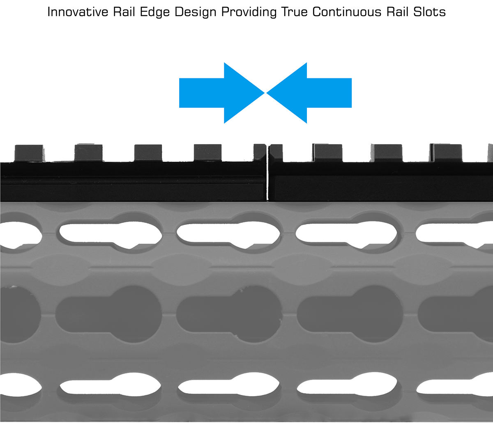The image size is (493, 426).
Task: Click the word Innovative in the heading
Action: pyautogui.click(x=78, y=11)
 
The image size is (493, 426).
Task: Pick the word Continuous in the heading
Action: pyautogui.click(x=347, y=11)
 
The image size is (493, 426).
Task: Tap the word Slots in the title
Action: pyautogui.click(x=429, y=11)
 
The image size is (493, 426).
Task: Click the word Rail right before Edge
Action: pyautogui.click(x=124, y=11)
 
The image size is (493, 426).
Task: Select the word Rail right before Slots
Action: pyautogui.click(x=397, y=11)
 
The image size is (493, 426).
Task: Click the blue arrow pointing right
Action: pyautogui.click(x=222, y=93)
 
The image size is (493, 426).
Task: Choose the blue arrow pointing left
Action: pyautogui.click(x=309, y=93)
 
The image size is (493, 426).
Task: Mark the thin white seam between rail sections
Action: pyautogui.click(x=267, y=173)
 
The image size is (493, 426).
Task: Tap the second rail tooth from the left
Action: pyautogui.click(x=88, y=153)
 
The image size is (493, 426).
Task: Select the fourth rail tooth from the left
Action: pyautogui.click(x=207, y=153)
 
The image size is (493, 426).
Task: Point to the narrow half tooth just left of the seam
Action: pyautogui.click(x=260, y=152)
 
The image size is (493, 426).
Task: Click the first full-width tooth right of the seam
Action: pyautogui.click(x=327, y=153)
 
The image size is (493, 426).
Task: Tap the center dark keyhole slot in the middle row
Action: pyautogui.click(x=229, y=314)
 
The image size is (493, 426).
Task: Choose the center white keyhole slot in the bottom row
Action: pyautogui.click(x=229, y=384)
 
